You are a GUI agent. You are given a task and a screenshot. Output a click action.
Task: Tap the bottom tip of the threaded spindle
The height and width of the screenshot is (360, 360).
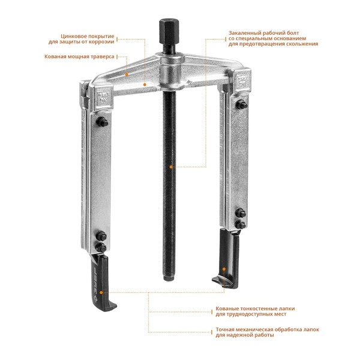[169, 280]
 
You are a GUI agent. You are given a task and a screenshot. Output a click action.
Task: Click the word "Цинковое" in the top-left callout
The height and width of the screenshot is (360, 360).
[74, 36]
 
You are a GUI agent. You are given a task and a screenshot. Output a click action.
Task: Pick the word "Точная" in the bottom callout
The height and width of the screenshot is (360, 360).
[226, 329]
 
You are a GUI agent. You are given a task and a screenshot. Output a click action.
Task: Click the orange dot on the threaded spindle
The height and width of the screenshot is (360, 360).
[171, 167]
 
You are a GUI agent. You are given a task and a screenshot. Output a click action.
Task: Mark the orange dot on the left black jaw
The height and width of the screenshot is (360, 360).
[101, 293]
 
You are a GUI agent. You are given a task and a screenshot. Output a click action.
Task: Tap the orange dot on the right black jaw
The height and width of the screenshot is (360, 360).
[224, 269]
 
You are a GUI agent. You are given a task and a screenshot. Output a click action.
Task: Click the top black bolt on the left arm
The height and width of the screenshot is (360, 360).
[102, 121]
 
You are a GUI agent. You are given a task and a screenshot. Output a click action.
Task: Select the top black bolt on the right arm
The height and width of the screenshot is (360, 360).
[241, 105]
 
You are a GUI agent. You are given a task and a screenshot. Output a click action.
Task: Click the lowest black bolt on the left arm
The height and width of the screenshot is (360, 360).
[101, 247]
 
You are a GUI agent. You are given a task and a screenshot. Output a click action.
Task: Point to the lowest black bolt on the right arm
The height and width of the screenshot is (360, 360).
[241, 224]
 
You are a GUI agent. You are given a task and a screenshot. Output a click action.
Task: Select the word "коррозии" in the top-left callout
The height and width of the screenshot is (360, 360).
[101, 42]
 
